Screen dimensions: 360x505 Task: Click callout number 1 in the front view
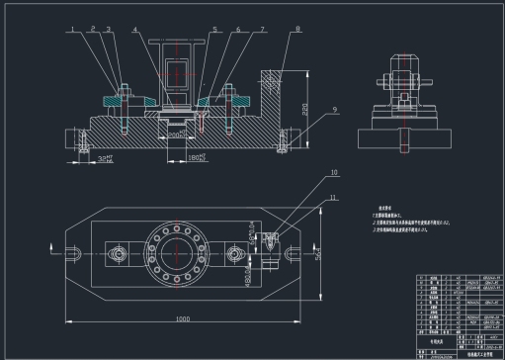click(x=73, y=30)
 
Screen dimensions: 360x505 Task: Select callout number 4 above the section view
click(x=136, y=30)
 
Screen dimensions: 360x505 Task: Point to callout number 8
click(x=297, y=30)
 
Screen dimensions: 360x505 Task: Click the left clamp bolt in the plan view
click(x=118, y=255)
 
